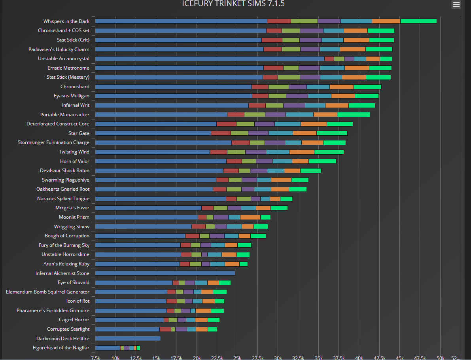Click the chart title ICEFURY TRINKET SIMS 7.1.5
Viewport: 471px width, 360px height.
coord(233,4)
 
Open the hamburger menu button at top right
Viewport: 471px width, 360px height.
coord(456,4)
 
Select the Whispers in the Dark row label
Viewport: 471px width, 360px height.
coord(66,21)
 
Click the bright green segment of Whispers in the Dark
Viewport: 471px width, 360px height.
coord(418,21)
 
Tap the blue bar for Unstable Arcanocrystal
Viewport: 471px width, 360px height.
coord(210,59)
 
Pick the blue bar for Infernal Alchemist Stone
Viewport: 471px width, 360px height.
coord(165,273)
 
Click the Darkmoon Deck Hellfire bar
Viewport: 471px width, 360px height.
coord(128,339)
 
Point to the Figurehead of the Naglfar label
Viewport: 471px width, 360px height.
coord(61,348)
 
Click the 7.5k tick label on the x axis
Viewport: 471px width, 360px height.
coord(95,357)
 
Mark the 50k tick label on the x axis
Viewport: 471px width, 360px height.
coord(441,357)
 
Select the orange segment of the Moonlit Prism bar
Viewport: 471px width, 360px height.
coord(250,217)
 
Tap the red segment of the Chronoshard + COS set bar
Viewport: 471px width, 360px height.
coord(274,30)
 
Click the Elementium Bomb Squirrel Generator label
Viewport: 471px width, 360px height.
coord(47,292)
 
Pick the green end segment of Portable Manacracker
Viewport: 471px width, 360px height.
coord(353,115)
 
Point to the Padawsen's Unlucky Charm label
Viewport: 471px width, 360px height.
coord(59,49)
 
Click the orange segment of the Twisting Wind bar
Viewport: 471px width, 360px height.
coord(301,152)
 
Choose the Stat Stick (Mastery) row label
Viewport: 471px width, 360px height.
coord(68,77)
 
